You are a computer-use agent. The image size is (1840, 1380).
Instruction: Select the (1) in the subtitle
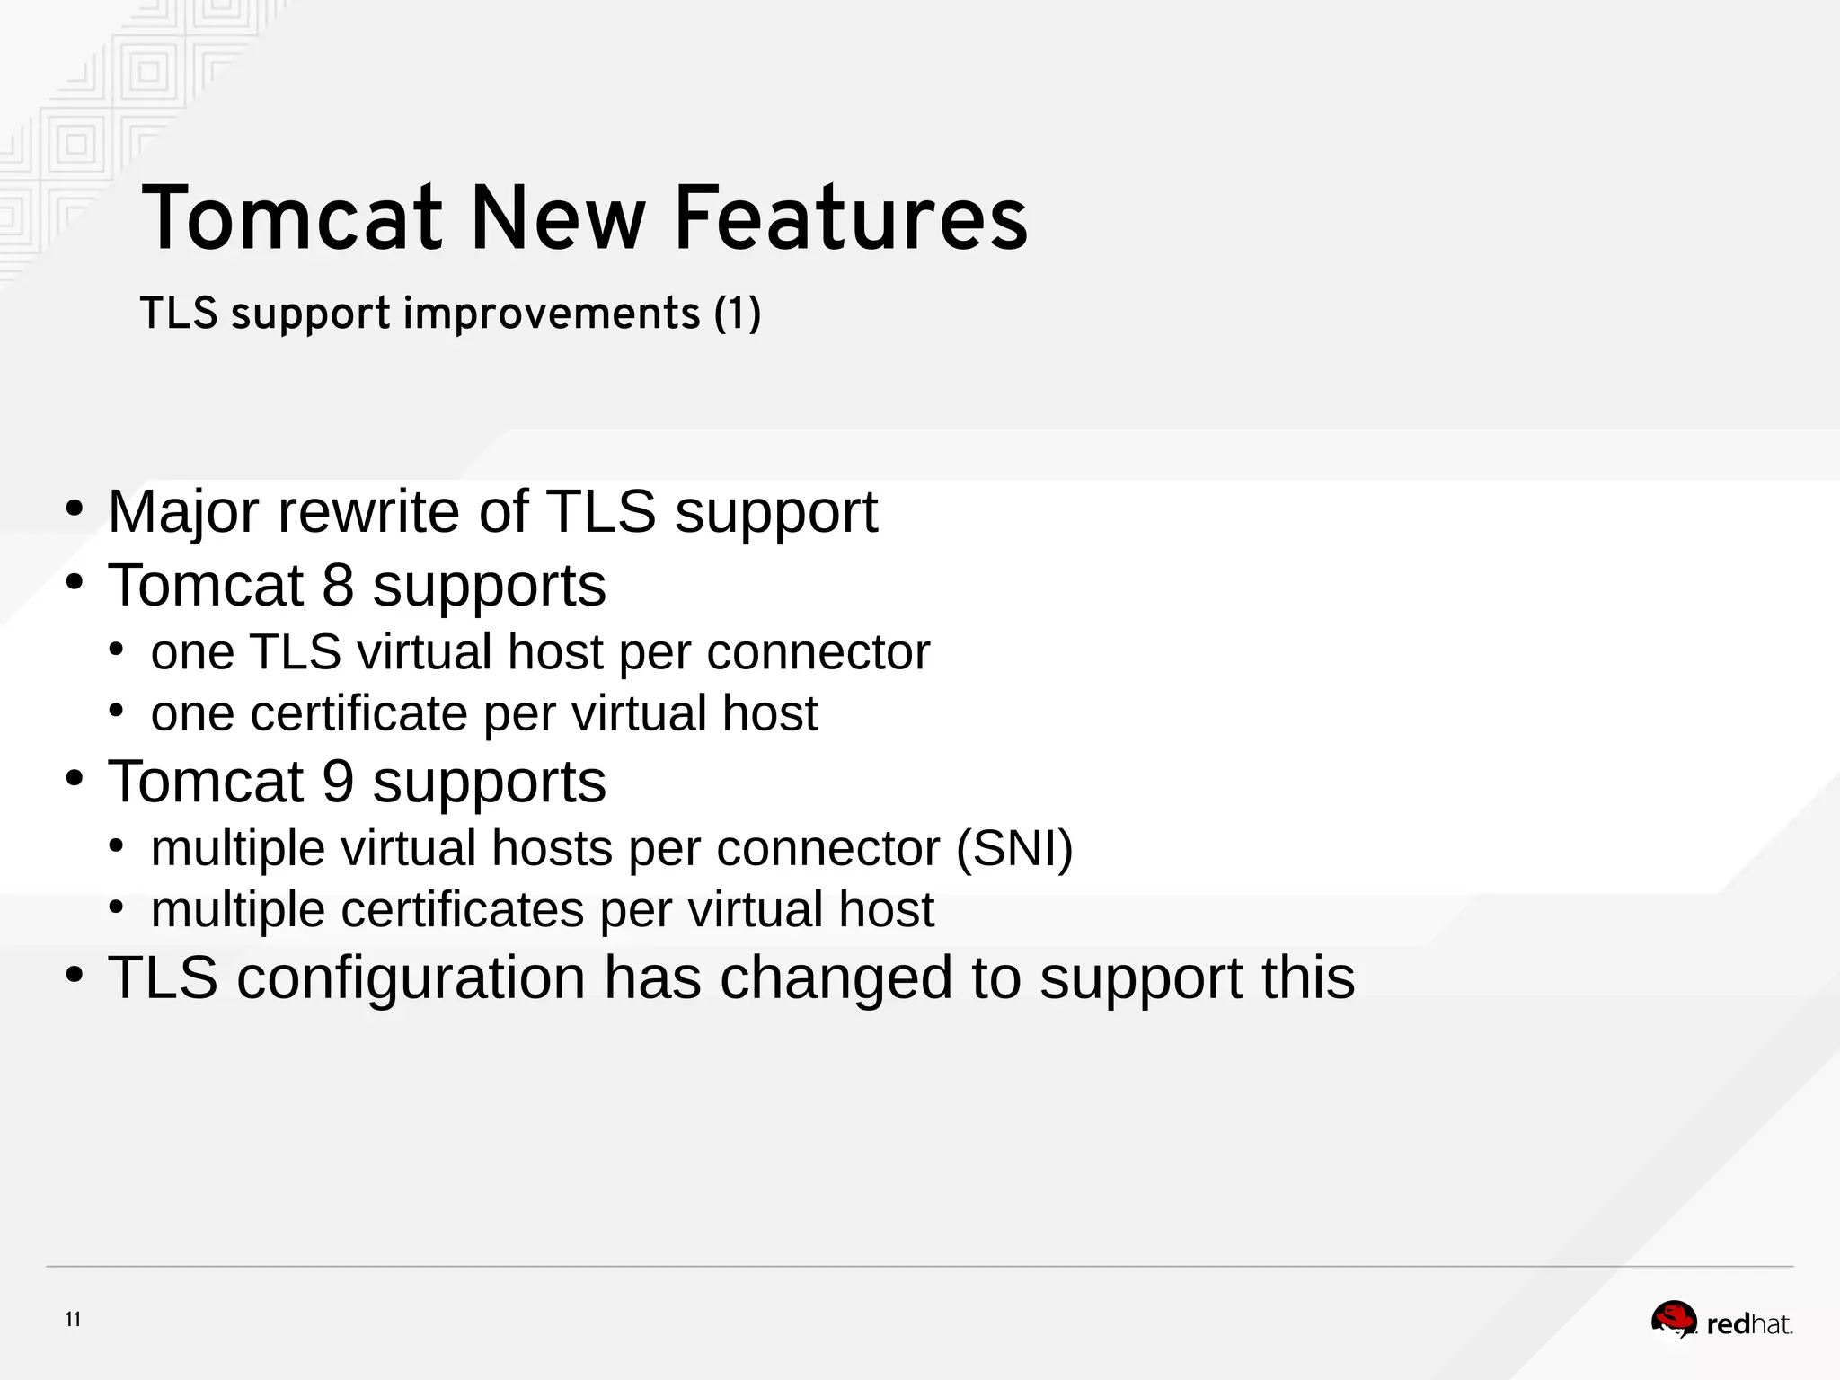pyautogui.click(x=738, y=314)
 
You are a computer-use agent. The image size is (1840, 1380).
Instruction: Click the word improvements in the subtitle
pyautogui.click(x=551, y=314)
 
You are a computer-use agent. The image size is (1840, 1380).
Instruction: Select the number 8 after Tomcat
pyautogui.click(x=338, y=586)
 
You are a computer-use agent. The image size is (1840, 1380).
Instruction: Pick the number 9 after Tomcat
pyautogui.click(x=338, y=782)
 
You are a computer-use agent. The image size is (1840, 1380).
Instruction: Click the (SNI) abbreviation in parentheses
pyautogui.click(x=1014, y=848)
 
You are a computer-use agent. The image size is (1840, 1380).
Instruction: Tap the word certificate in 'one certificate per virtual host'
pyautogui.click(x=358, y=713)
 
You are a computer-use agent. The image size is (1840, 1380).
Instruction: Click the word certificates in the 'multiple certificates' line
pyautogui.click(x=462, y=909)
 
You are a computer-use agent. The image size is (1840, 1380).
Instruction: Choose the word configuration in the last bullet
pyautogui.click(x=411, y=977)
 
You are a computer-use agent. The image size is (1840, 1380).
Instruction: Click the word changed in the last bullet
pyautogui.click(x=836, y=977)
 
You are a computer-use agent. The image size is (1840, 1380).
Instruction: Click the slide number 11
pyautogui.click(x=73, y=1319)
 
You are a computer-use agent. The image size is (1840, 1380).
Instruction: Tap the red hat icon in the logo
pyautogui.click(x=1673, y=1321)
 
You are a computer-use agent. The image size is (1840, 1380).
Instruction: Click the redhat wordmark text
pyautogui.click(x=1748, y=1324)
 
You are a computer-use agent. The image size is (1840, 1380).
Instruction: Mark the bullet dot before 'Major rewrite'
pyautogui.click(x=75, y=509)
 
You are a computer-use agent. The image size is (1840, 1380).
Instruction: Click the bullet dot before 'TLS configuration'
pyautogui.click(x=75, y=975)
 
